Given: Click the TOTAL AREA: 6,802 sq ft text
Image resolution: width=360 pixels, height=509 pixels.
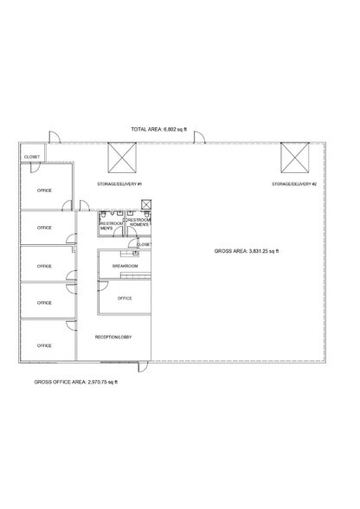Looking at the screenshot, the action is point(159,129).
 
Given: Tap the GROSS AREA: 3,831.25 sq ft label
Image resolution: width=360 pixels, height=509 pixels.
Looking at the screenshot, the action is point(247,251).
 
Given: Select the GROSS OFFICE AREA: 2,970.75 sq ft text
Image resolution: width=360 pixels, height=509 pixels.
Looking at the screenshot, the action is point(76,382).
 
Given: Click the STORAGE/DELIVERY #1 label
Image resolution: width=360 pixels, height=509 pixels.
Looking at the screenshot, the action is point(119,184).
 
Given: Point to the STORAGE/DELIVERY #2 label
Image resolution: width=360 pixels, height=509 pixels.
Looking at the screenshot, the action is point(294,184).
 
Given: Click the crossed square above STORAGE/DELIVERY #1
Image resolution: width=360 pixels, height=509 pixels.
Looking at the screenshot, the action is point(122,158).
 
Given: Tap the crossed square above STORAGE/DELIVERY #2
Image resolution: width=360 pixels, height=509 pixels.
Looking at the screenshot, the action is point(295,158).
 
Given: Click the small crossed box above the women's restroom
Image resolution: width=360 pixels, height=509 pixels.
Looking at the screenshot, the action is point(146,205).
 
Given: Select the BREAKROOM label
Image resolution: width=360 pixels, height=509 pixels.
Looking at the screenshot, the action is point(125,266).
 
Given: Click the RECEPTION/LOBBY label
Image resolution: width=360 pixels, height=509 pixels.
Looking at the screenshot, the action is point(113,337).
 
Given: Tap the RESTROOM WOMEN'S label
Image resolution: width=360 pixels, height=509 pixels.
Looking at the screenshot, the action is point(138,222).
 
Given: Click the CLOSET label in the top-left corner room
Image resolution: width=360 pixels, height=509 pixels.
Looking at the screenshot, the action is point(32,157).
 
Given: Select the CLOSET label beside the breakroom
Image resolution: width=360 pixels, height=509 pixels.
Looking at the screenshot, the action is point(144,244).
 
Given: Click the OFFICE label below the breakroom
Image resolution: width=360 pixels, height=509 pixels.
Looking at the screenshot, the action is point(125,299).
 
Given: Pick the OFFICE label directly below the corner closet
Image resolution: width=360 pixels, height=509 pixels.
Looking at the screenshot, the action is point(44,190).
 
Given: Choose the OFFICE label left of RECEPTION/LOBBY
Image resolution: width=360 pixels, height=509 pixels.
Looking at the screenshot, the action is point(44,345).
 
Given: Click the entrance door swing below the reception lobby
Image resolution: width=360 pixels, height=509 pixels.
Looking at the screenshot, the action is point(143,367).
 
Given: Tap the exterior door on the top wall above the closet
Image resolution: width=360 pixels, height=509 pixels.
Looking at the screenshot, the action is point(55,137).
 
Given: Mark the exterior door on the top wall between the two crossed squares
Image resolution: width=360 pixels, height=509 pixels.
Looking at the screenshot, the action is point(199,137).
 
